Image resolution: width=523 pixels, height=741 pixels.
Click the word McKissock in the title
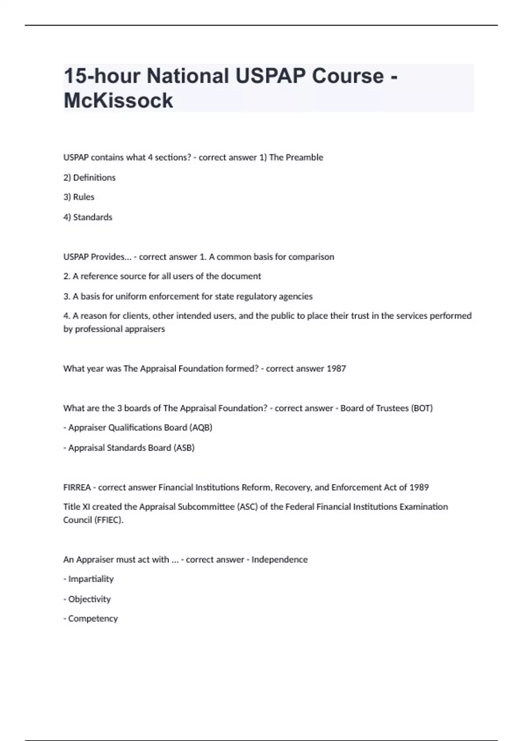click(x=118, y=101)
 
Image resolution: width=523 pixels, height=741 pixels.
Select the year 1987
click(x=336, y=369)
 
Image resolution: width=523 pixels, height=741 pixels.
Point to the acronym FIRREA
click(x=77, y=487)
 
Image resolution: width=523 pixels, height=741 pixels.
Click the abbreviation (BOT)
click(x=421, y=408)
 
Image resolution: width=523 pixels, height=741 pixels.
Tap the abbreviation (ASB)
click(x=184, y=448)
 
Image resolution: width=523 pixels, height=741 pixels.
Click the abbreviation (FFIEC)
click(x=109, y=520)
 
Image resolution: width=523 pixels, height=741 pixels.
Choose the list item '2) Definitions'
click(x=89, y=177)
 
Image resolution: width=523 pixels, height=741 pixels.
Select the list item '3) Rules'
click(x=79, y=197)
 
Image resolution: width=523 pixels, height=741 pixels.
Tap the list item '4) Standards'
click(x=88, y=217)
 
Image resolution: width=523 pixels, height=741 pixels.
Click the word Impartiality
click(x=91, y=579)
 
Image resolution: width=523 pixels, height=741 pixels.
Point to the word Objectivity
click(x=89, y=599)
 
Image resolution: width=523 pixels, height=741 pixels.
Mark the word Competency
click(x=93, y=619)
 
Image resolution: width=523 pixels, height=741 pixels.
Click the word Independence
click(x=279, y=560)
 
